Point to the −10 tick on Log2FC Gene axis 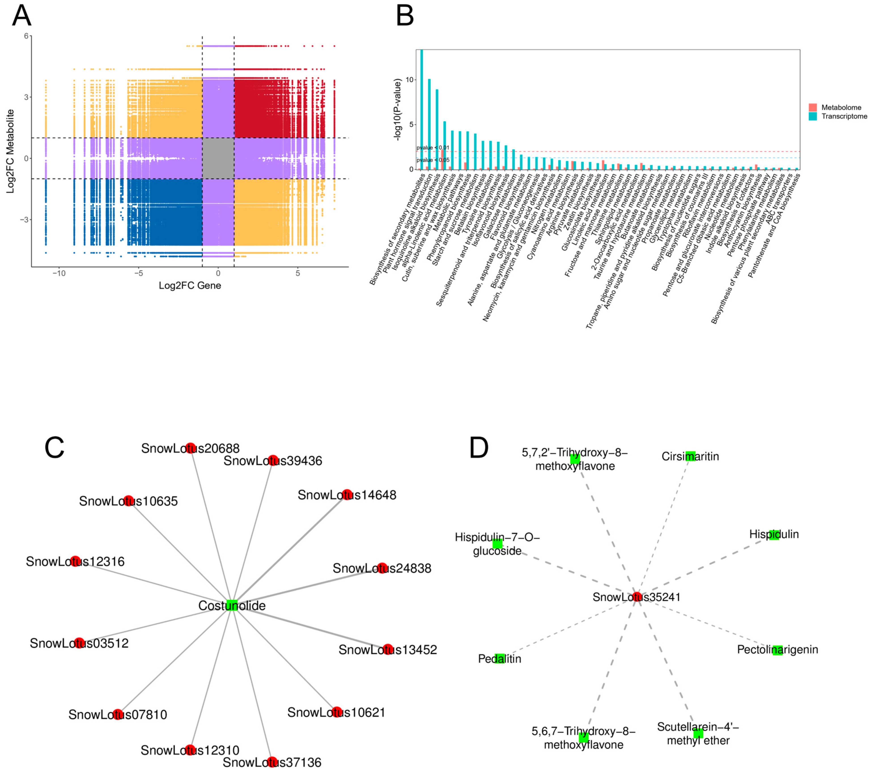click(x=59, y=273)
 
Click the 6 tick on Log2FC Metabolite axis click(x=26, y=36)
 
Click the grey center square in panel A click(x=218, y=158)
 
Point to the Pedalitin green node click(x=500, y=658)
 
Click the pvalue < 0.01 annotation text click(x=433, y=148)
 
